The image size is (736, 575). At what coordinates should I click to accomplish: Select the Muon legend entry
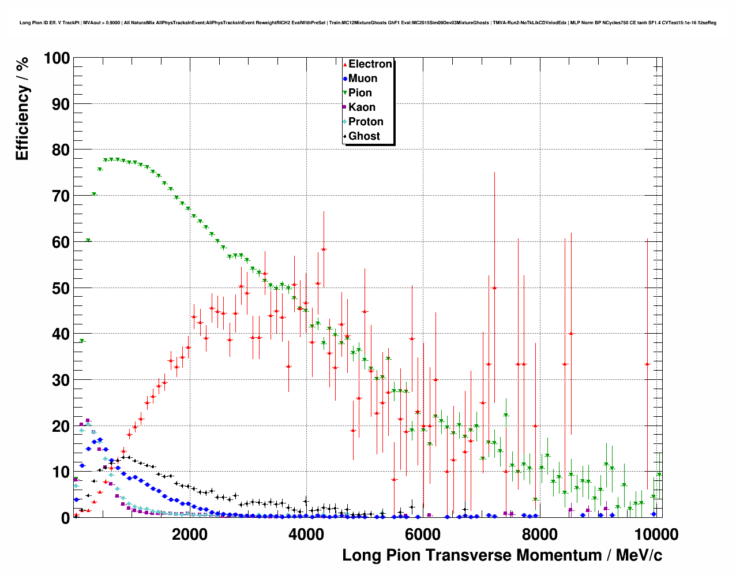pos(362,79)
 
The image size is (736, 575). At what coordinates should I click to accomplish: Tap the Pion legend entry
pos(360,93)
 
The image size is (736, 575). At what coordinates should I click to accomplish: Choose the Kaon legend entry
pos(362,107)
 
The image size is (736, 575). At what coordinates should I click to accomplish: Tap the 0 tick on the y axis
pos(65,518)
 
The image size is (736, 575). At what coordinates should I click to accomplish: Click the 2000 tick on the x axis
pos(190,534)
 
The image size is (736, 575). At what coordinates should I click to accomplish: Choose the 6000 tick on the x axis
pos(423,534)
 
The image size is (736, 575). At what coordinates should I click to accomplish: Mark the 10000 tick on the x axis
pos(655,534)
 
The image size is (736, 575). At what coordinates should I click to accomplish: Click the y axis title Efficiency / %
pos(22,109)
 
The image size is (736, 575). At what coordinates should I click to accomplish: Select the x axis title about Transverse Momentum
pos(502,555)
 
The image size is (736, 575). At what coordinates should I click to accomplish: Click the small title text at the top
pos(367,23)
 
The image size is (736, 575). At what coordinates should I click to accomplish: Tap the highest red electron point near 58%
pos(324,249)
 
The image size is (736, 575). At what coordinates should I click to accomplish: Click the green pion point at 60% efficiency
pos(88,241)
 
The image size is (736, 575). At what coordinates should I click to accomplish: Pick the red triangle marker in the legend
pos(345,65)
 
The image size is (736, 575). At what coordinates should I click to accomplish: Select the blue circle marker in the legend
pos(345,79)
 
